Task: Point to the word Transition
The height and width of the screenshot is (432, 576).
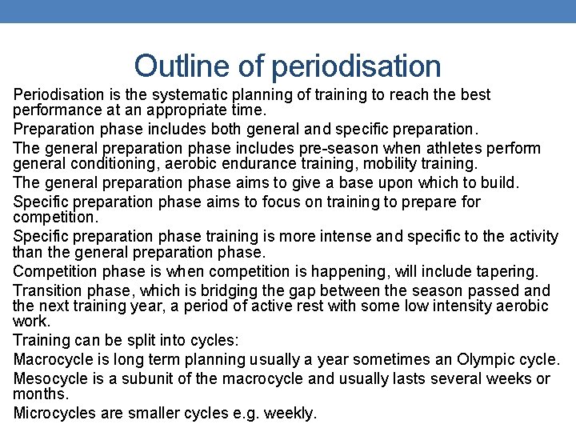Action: (47, 290)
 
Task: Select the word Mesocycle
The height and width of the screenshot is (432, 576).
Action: (50, 378)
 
